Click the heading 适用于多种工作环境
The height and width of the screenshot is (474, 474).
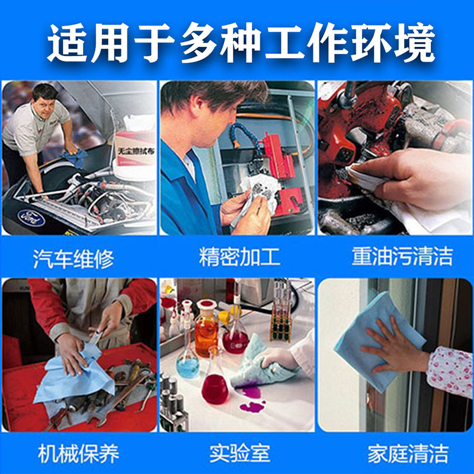point(237,43)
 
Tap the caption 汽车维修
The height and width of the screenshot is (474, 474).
point(73,258)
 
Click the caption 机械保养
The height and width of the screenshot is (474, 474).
point(78,454)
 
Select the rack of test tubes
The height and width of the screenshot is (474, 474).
point(281,323)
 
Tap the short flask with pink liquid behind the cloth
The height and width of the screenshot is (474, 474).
point(214,385)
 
